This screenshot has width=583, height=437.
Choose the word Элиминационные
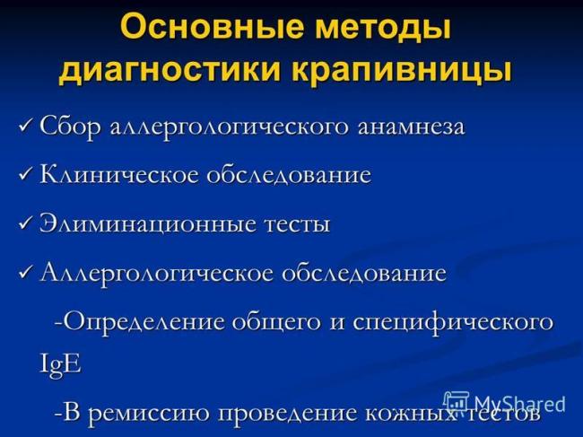(x=144, y=223)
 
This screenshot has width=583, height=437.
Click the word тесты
(x=292, y=223)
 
